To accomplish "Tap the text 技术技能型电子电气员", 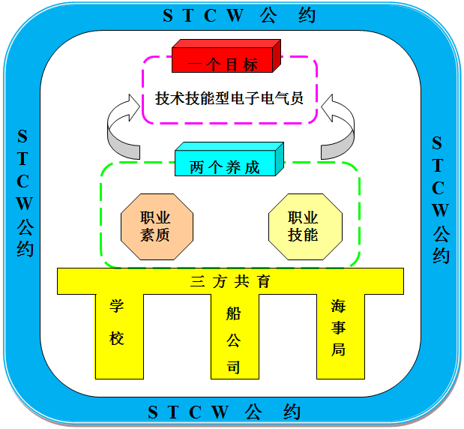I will (x=229, y=99).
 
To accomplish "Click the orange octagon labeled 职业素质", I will (x=156, y=226).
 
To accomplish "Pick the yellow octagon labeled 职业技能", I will (x=304, y=226).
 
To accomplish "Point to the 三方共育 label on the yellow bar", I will (x=230, y=282).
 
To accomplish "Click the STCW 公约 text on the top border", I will (x=229, y=16).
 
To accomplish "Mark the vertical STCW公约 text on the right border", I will (x=440, y=199).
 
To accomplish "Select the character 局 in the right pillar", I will (x=339, y=349).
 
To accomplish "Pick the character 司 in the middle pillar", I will (x=234, y=367).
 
